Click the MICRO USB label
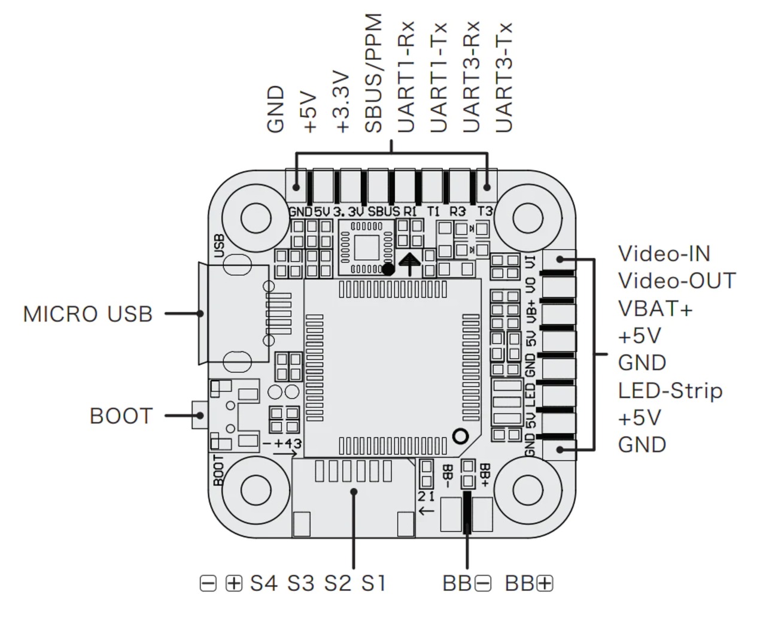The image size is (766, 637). point(87,314)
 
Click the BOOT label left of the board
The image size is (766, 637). point(121,416)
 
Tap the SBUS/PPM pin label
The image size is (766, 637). point(374,74)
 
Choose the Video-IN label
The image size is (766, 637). point(664,253)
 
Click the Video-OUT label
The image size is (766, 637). point(676,281)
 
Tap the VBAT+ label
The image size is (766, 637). point(655,308)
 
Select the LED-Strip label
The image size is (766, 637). point(670,391)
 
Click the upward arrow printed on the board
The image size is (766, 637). point(410,263)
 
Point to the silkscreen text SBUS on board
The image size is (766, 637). point(384,211)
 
